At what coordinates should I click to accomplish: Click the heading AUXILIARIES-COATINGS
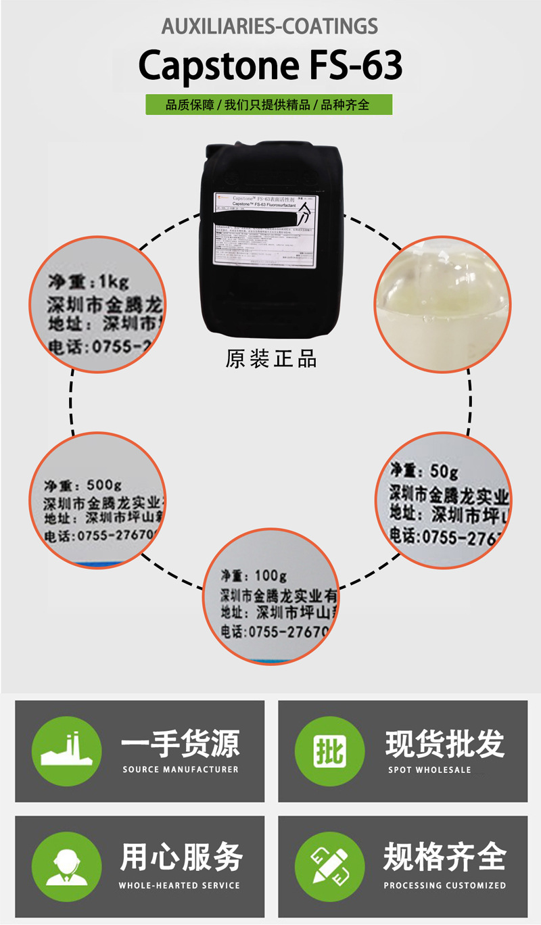pyautogui.click(x=270, y=26)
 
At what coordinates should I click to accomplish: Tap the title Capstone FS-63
pyautogui.click(x=270, y=66)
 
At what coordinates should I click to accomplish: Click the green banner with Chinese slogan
pyautogui.click(x=269, y=105)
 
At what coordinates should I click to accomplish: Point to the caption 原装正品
pyautogui.click(x=271, y=359)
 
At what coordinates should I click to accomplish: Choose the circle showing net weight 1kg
pyautogui.click(x=97, y=304)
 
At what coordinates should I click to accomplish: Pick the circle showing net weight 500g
pyautogui.click(x=97, y=500)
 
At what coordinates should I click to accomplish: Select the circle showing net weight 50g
pyautogui.click(x=443, y=500)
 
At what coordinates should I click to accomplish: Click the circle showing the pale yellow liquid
pyautogui.click(x=443, y=304)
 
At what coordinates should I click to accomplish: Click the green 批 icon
pyautogui.click(x=329, y=751)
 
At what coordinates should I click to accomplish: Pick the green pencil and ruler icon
pyautogui.click(x=329, y=866)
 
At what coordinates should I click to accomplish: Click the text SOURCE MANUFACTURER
pyautogui.click(x=181, y=769)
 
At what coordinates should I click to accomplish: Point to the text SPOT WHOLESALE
pyautogui.click(x=429, y=769)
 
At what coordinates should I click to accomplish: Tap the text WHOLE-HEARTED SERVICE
pyautogui.click(x=179, y=885)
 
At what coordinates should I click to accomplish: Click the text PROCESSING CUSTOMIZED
pyautogui.click(x=444, y=885)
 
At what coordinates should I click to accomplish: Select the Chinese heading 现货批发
pyautogui.click(x=444, y=743)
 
